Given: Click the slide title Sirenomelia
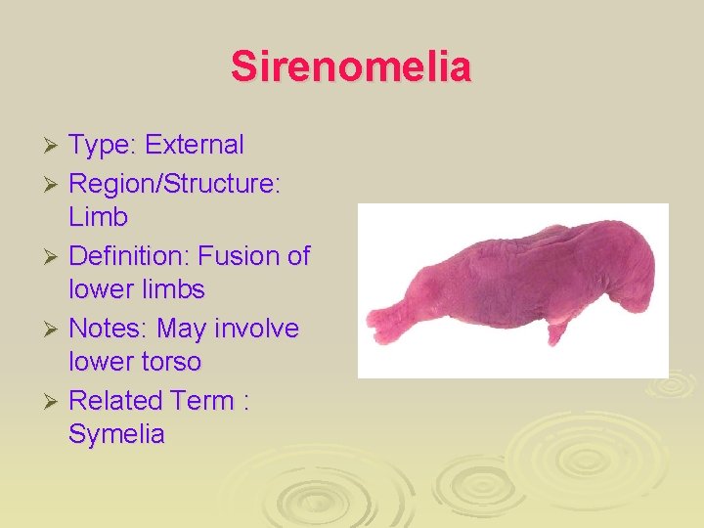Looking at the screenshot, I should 351,66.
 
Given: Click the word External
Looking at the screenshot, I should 195,146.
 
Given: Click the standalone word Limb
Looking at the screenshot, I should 98,216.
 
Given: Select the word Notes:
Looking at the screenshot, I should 108,329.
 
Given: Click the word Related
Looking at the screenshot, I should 115,401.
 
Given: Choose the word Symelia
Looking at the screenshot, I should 116,435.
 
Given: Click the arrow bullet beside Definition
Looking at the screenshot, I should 55,257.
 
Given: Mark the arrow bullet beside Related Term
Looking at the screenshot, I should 55,402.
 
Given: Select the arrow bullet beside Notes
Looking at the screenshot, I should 55,330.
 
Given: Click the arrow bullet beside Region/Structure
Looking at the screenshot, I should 55,183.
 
